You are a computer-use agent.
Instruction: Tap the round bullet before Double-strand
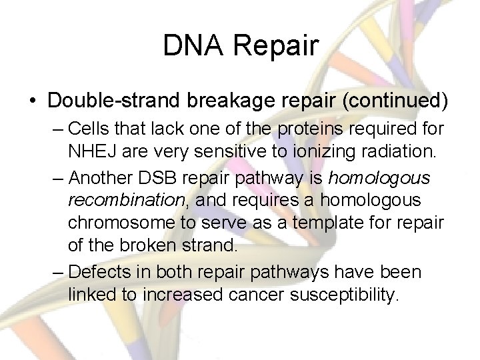[x=32, y=101]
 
